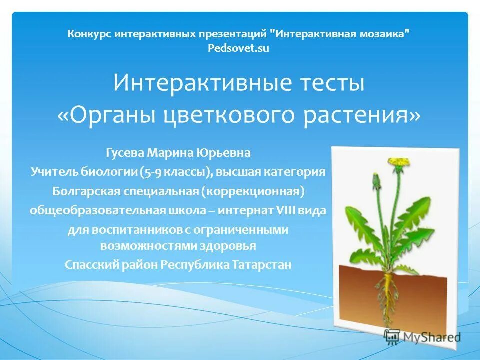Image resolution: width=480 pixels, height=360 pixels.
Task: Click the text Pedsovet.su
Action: pyautogui.click(x=238, y=48)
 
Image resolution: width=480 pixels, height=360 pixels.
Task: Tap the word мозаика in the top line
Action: pyautogui.click(x=383, y=34)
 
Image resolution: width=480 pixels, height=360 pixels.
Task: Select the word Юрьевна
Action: pyautogui.click(x=223, y=152)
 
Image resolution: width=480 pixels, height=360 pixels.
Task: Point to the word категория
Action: pyautogui.click(x=297, y=172)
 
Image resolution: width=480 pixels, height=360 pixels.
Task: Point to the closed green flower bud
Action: pyautogui.click(x=375, y=178)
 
